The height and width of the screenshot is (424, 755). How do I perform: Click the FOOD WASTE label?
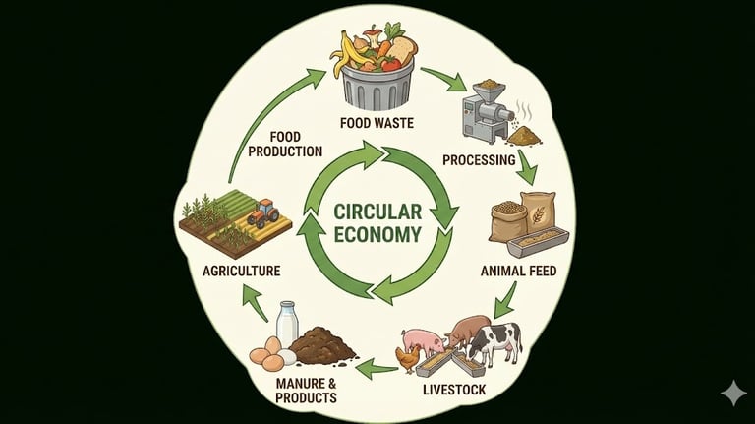377,124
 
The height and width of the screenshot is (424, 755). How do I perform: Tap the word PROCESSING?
480,160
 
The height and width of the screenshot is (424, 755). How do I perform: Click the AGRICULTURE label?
242,271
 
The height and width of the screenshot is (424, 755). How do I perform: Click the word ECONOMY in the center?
377,234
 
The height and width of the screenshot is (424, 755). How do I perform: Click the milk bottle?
287,324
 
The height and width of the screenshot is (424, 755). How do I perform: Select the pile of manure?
322,345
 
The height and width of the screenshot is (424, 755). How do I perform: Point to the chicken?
406,358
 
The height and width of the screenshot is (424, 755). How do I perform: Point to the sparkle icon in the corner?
732,393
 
